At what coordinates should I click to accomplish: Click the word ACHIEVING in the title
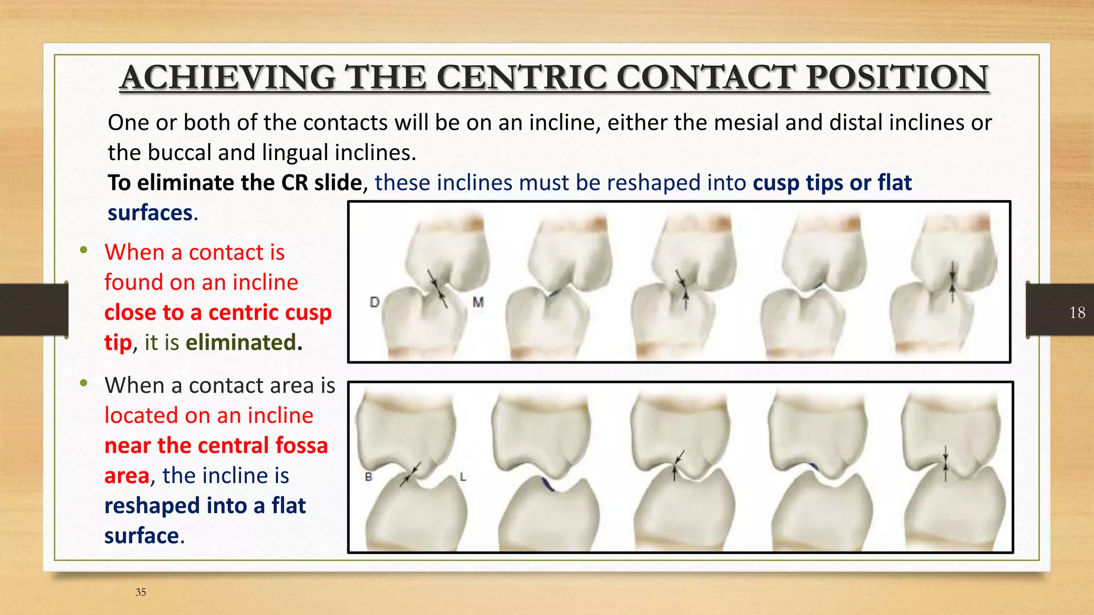228,77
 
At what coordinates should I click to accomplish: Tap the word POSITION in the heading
897,77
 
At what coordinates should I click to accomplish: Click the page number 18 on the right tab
1077,312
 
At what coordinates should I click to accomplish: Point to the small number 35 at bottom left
140,592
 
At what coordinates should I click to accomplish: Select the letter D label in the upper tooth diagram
374,302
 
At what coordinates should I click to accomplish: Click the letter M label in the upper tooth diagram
478,302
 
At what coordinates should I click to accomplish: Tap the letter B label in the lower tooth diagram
368,477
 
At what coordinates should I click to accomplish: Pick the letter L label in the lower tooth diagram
463,477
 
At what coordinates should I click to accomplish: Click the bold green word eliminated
241,342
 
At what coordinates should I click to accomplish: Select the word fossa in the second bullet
301,445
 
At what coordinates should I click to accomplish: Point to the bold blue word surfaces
150,212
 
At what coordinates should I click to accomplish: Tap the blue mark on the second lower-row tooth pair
547,485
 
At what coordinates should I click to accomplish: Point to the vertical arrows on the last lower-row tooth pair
945,463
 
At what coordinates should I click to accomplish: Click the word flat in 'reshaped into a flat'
288,506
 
